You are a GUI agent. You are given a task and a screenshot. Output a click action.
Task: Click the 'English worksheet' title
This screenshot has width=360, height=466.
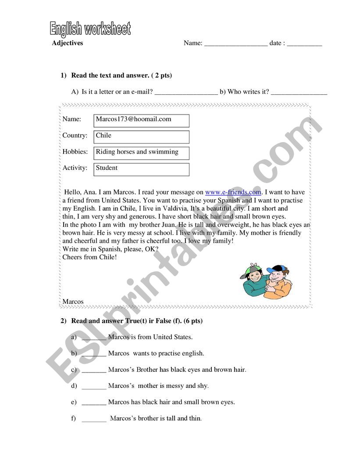[90, 29]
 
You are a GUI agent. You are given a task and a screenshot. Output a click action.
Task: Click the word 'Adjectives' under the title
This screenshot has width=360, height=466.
[67, 43]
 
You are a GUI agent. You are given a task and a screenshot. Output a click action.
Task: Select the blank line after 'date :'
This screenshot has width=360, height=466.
[304, 44]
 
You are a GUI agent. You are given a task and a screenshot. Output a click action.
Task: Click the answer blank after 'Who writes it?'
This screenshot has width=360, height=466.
[299, 93]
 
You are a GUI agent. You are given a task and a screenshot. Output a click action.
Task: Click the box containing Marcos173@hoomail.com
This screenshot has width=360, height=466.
[141, 121]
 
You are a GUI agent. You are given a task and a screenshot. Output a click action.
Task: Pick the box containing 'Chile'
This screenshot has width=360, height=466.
[141, 136]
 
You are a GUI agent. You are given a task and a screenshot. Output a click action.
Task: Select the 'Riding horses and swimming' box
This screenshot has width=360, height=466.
[141, 153]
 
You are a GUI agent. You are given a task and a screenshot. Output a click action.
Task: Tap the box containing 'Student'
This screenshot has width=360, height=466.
[141, 169]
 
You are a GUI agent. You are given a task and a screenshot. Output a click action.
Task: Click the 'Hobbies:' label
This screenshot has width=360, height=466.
[75, 152]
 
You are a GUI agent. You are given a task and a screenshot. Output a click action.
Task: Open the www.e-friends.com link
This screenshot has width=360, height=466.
[233, 192]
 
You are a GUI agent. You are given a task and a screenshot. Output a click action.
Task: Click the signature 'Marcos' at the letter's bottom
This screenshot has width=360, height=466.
[73, 301]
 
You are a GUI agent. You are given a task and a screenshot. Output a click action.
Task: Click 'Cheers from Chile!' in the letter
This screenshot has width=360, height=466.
[89, 257]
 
